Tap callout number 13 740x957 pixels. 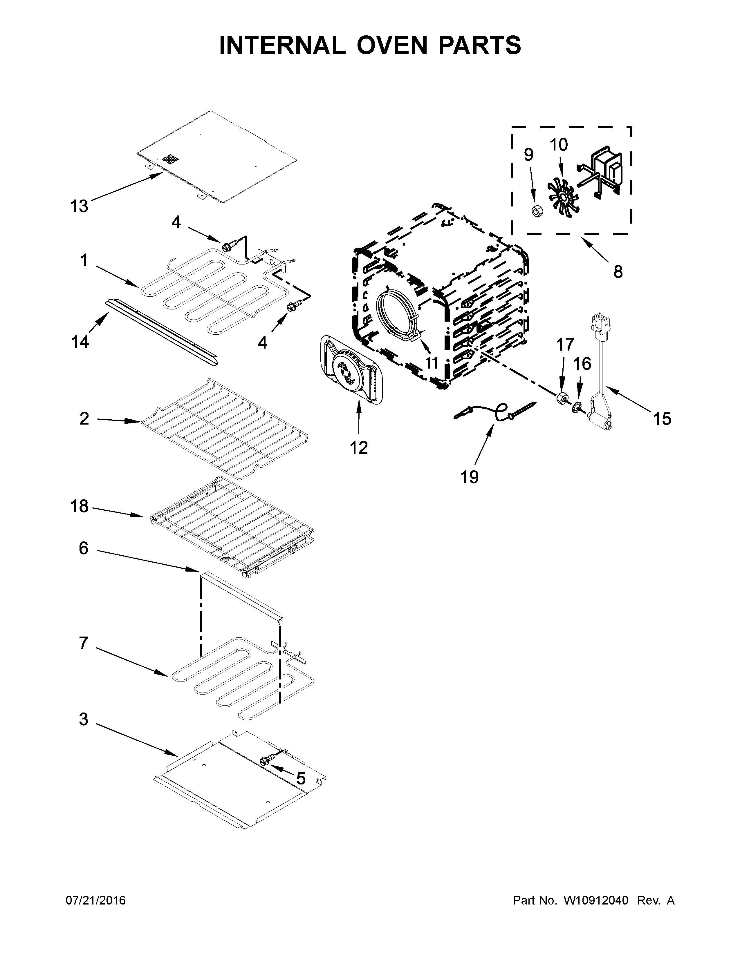pos(79,206)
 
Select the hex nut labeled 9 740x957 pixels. pos(535,211)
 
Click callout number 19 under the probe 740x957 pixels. pos(470,477)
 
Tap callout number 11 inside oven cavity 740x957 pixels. pos(432,363)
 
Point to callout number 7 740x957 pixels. pos(83,643)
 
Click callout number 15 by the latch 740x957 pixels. pos(662,419)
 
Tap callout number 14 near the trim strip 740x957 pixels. pos(80,342)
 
